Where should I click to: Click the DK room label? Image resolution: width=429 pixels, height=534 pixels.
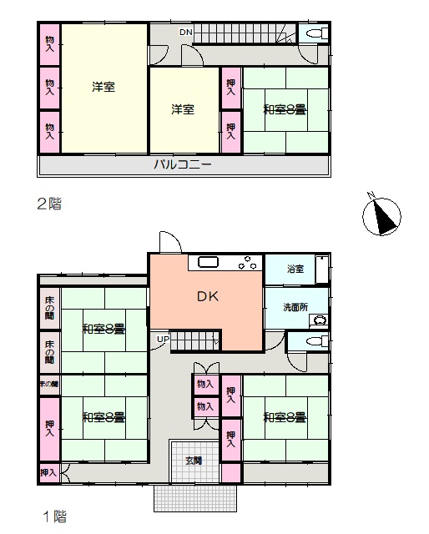coord(208,297)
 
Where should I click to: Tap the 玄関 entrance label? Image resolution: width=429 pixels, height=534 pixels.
coord(194,461)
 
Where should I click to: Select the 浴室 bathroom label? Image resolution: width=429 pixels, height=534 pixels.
coord(295,269)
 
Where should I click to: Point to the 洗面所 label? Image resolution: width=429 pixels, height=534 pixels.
coord(295,307)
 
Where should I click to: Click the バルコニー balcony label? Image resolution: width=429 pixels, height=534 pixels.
coord(183,165)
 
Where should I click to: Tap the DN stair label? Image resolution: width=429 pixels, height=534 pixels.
coord(186,33)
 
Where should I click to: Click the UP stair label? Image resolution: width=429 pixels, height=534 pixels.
coord(163,340)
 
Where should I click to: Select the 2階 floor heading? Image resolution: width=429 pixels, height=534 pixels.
coord(50,204)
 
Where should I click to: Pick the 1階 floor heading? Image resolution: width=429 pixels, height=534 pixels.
coord(54,516)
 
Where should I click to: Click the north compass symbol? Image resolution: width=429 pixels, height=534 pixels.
coord(381,215)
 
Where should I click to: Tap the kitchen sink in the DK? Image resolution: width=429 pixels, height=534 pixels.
coord(208,263)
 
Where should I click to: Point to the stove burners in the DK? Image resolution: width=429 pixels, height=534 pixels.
coord(247,264)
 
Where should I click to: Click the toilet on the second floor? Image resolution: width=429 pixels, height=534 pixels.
coord(317,33)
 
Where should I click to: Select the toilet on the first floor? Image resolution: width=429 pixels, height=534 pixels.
coord(317,340)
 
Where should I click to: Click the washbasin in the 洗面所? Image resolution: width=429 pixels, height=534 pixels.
coord(320,320)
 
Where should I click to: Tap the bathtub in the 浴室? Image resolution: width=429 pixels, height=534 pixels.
coord(321,269)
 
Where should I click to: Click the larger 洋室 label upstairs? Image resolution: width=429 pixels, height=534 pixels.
coord(103,87)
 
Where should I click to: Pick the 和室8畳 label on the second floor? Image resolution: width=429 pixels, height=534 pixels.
coord(285,109)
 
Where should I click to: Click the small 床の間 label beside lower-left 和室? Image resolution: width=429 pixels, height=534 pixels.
coord(49,384)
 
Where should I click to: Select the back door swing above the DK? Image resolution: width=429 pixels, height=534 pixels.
coord(170,242)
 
